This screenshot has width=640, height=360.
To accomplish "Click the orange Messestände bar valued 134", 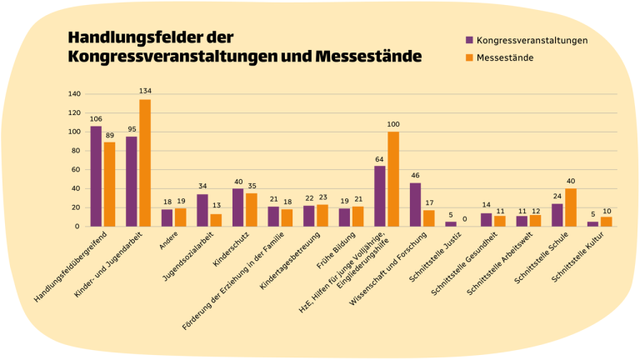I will (145, 163).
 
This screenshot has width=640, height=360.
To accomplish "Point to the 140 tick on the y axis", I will (73, 94).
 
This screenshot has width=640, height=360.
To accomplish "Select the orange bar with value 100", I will (393, 179).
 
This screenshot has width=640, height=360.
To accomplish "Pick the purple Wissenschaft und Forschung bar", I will (415, 205).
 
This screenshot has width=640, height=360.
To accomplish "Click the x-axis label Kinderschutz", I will (226, 251).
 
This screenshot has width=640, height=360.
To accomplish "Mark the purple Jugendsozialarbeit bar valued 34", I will (202, 210).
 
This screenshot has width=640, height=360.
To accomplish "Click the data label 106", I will (96, 119).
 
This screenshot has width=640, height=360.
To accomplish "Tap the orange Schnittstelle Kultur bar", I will (606, 222).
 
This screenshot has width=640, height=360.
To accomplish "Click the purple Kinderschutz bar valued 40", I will (237, 207).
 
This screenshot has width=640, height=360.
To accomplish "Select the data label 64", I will (380, 159).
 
